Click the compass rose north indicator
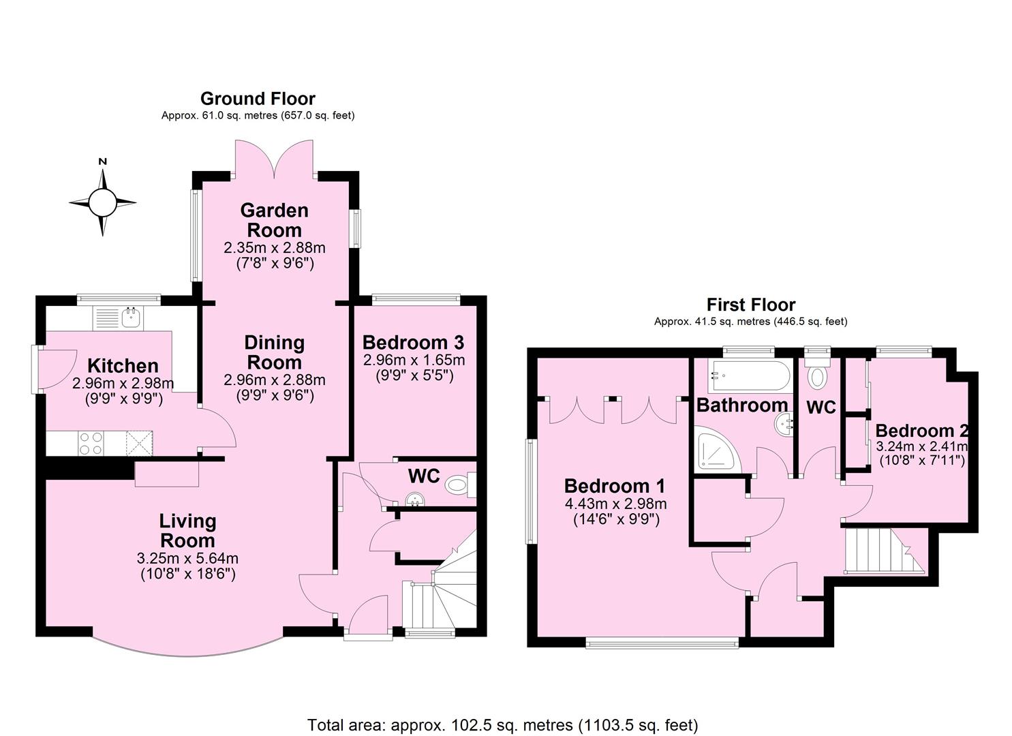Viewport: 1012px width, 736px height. pyautogui.click(x=102, y=162)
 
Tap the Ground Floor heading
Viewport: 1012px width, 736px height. pyautogui.click(x=258, y=99)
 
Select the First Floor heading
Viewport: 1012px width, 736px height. pyautogui.click(x=750, y=305)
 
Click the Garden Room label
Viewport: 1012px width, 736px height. pyautogui.click(x=274, y=220)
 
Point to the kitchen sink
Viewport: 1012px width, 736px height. pyautogui.click(x=131, y=317)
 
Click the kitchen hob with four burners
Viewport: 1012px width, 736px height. pyautogui.click(x=91, y=444)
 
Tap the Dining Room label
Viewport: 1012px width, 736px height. pyautogui.click(x=274, y=352)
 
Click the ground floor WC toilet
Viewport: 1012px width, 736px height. pyautogui.click(x=459, y=485)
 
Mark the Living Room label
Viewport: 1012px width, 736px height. pyautogui.click(x=187, y=530)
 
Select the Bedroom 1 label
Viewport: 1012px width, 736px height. pyautogui.click(x=615, y=486)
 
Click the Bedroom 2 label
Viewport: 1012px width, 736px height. pyautogui.click(x=921, y=431)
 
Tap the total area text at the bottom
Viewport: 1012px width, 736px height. pyautogui.click(x=502, y=725)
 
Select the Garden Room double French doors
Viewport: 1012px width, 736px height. pyautogui.click(x=274, y=159)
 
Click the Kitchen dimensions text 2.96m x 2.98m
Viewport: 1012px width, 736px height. pyautogui.click(x=123, y=384)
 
